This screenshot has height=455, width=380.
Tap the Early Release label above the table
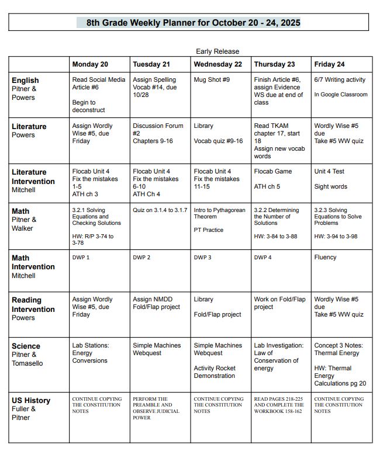pyautogui.click(x=217, y=51)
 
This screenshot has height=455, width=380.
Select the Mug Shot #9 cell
pyautogui.click(x=212, y=80)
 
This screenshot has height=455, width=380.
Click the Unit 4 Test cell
pyautogui.click(x=329, y=172)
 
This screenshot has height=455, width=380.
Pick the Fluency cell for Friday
pyautogui.click(x=325, y=258)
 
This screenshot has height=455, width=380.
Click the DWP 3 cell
pyautogui.click(x=203, y=258)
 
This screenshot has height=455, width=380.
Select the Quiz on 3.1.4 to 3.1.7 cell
pyautogui.click(x=160, y=210)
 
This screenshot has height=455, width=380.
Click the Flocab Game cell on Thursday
pyautogui.click(x=273, y=172)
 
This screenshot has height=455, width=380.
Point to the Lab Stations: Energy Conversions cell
pyautogui.click(x=91, y=353)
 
